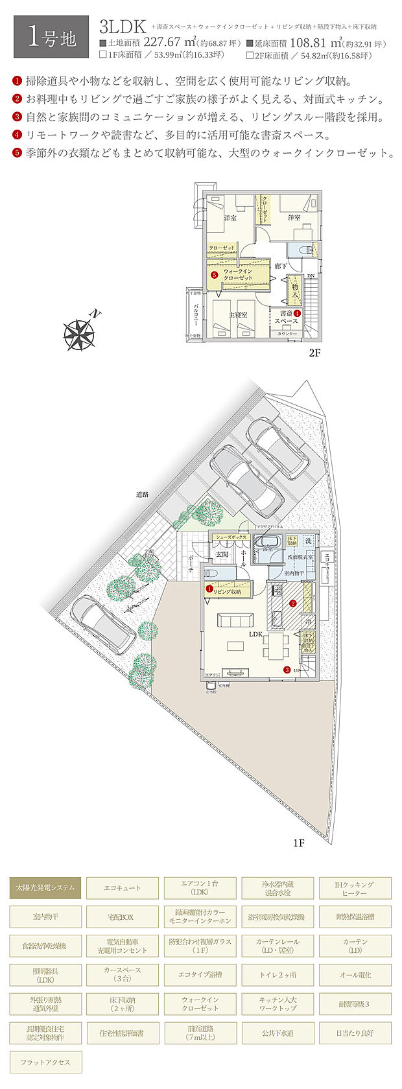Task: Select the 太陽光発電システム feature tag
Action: point(45,887)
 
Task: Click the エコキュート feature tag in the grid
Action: point(123,887)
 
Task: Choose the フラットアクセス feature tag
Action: point(45,1062)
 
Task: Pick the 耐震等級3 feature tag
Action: point(355,1004)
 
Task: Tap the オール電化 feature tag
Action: point(355,975)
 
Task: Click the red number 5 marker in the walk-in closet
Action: point(214,274)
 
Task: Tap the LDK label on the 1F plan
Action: point(255,635)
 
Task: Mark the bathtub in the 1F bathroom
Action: point(266,542)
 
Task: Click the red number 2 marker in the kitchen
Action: point(293,603)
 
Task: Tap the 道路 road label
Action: point(142,494)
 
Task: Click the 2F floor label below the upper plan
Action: point(314,353)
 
